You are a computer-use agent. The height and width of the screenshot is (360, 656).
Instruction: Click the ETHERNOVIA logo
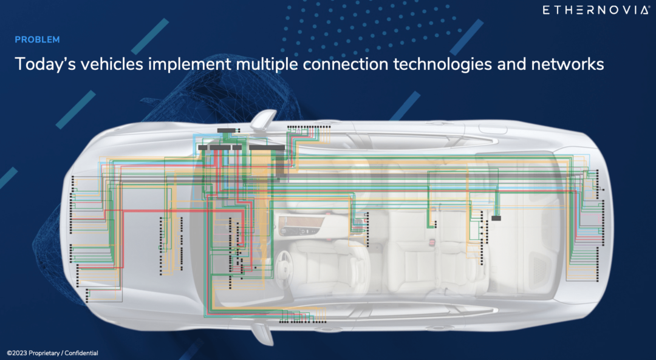pyautogui.click(x=595, y=10)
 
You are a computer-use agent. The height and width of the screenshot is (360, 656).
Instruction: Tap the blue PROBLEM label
pyautogui.click(x=37, y=40)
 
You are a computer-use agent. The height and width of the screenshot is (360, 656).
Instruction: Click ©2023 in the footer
pyautogui.click(x=19, y=353)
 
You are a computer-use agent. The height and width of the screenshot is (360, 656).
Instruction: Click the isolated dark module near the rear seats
pyautogui.click(x=496, y=217)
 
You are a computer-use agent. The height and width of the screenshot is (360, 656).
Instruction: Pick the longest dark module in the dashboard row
pyautogui.click(x=267, y=147)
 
